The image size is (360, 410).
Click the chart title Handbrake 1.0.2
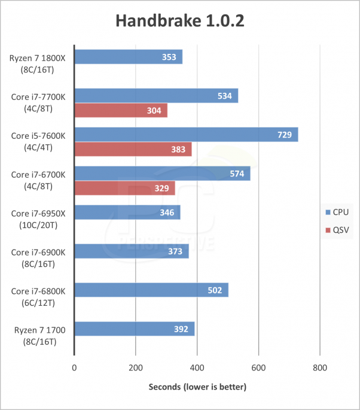(180, 21)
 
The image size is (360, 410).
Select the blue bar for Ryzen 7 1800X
(128, 57)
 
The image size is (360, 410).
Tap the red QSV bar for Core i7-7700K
(121, 111)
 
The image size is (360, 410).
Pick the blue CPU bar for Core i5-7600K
(185, 135)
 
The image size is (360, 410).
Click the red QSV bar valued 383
(133, 150)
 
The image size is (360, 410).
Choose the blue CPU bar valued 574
(162, 174)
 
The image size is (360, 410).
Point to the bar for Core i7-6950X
(127, 212)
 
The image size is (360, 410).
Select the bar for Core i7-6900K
(131, 251)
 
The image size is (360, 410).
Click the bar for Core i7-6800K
(151, 290)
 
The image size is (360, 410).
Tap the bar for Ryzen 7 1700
(134, 329)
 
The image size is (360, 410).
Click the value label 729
(284, 135)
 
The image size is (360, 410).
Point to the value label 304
(154, 111)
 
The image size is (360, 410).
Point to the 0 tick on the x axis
(74, 368)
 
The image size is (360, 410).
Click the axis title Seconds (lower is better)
(197, 387)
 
